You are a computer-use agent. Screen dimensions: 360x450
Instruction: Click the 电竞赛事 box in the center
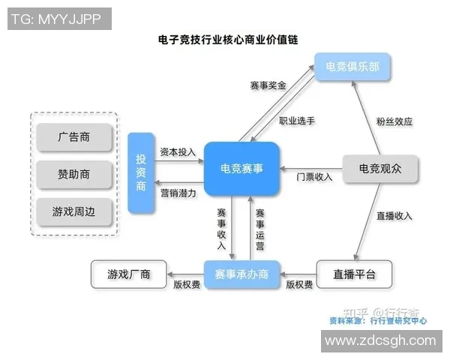(241, 169)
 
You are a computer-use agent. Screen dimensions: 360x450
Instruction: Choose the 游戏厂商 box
(129, 274)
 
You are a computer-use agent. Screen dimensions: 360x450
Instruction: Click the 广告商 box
(73, 138)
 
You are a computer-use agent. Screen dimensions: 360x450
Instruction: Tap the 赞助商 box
(73, 174)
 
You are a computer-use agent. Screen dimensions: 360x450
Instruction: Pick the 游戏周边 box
(73, 211)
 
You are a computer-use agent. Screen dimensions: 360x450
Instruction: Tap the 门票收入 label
(314, 178)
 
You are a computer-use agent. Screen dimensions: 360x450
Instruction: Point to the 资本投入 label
(178, 151)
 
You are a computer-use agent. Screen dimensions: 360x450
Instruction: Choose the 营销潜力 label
(178, 193)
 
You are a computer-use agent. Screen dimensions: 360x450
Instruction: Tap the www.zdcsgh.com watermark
(380, 341)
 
